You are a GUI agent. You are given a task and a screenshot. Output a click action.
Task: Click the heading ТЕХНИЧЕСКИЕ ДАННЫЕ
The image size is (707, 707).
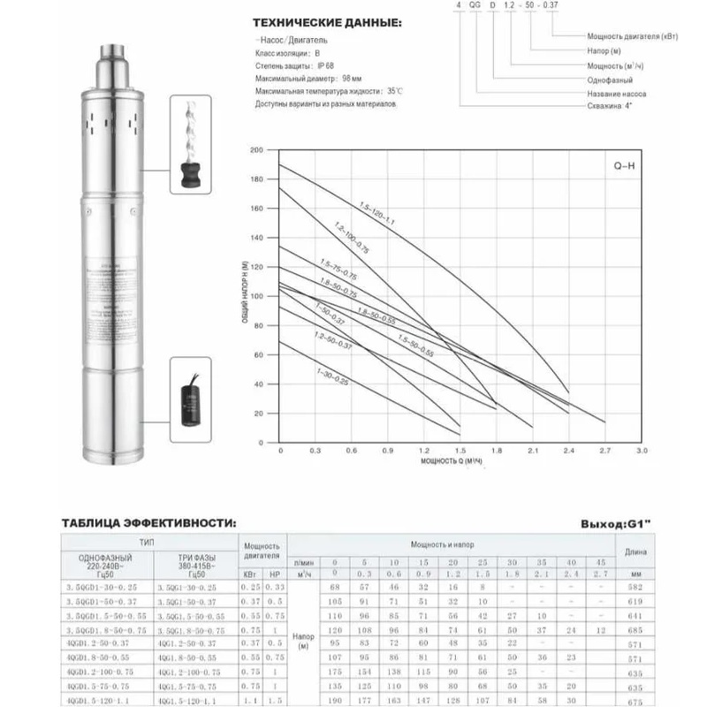pyautogui.click(x=319, y=23)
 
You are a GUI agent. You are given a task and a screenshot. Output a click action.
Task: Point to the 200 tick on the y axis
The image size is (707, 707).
pyautogui.click(x=257, y=151)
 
